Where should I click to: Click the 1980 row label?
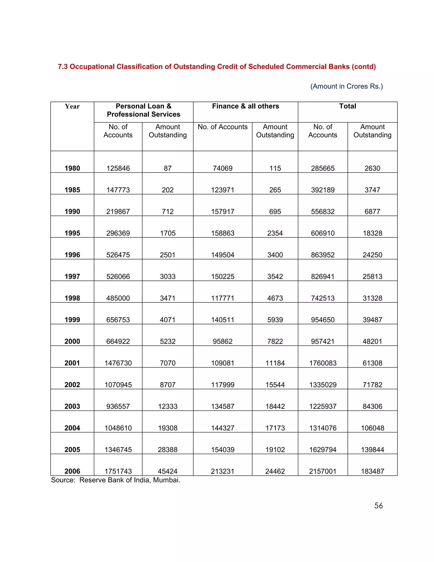point(72,168)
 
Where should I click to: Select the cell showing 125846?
point(118,168)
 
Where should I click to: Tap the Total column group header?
point(347,106)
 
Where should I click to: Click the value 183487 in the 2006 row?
point(372,471)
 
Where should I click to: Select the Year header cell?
point(72,106)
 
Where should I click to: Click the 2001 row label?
point(72,363)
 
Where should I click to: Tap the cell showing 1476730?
point(118,363)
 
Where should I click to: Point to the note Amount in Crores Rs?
point(346,86)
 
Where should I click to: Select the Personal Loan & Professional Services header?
point(143,110)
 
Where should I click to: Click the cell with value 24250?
point(372,255)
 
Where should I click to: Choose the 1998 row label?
point(72,298)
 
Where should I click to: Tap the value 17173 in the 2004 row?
point(275,428)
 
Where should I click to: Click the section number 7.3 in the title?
point(63,67)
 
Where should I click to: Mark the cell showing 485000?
point(118,298)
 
